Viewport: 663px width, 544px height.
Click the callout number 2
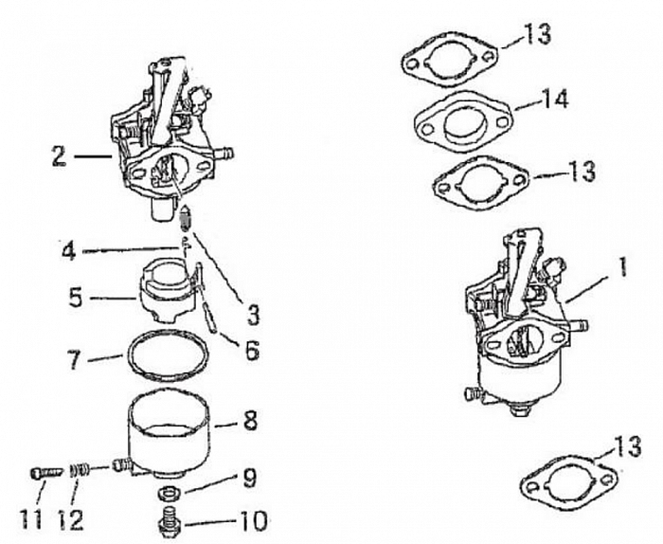(x=59, y=154)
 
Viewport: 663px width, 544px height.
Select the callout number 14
(x=555, y=98)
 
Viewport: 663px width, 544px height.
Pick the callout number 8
(x=250, y=420)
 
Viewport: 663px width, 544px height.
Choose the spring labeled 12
(x=80, y=468)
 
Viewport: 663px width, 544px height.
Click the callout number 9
(x=249, y=479)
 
